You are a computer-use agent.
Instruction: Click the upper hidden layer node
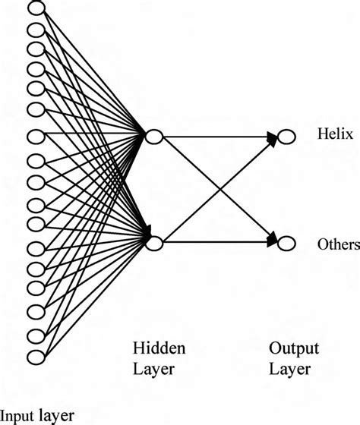153,137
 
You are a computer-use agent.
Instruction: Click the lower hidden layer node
153,243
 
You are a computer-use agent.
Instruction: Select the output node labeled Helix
286,137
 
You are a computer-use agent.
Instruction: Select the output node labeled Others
286,243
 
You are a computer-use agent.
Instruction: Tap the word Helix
331,135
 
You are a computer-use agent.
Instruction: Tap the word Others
339,244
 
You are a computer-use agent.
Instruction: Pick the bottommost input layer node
36,357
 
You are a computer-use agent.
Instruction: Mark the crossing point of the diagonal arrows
219,190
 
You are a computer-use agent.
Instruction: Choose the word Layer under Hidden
153,370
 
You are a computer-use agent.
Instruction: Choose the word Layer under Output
289,370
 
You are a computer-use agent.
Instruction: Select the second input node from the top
36,29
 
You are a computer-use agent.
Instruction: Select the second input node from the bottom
36,335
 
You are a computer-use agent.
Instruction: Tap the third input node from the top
36,48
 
